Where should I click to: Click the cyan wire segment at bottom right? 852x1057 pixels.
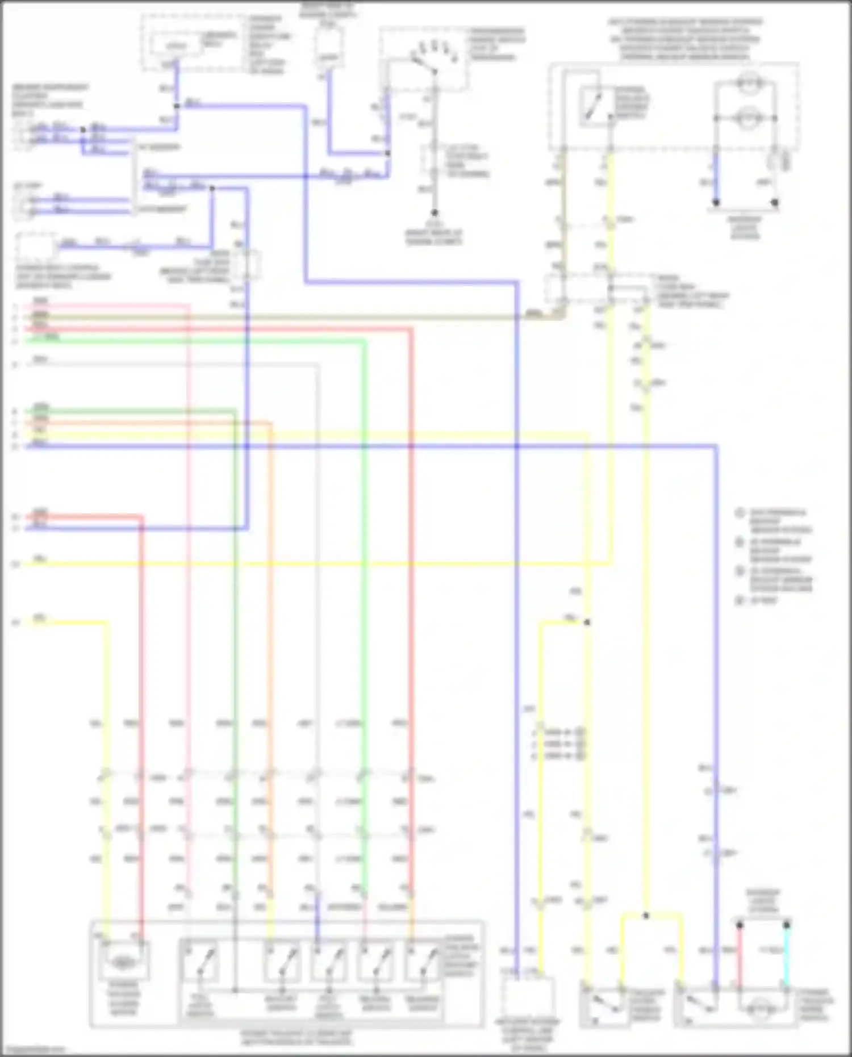pos(787,954)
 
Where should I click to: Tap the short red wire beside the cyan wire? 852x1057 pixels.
pos(740,954)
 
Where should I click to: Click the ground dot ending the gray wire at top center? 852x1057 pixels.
pos(434,213)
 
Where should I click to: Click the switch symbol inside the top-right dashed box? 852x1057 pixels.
pos(595,106)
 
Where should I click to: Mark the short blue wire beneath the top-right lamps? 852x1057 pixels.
pos(716,176)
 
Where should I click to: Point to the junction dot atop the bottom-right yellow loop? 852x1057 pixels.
pos(646,916)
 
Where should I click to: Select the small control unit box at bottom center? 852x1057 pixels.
pos(528,997)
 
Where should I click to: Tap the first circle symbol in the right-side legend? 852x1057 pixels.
pos(740,513)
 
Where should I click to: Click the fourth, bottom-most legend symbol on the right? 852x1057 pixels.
pos(740,600)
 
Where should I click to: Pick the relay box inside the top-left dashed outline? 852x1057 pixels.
pos(176,45)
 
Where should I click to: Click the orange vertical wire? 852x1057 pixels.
pos(270,625)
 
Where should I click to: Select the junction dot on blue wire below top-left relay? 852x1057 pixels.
pos(177,106)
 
